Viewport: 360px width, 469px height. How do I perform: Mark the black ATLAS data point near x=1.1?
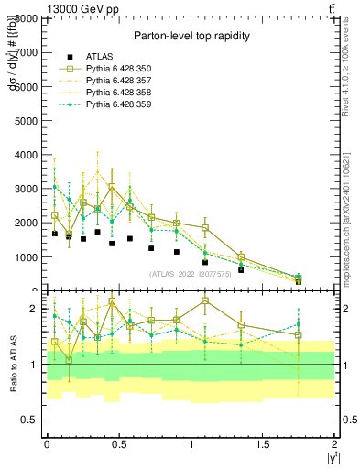point(205,262)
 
